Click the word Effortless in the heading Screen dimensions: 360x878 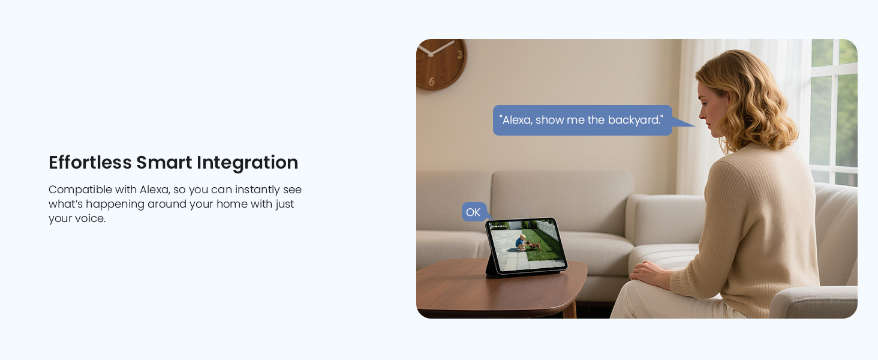[x=90, y=163]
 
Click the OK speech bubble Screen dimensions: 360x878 [x=473, y=212]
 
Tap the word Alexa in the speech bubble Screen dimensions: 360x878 [x=516, y=120]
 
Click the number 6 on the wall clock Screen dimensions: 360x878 [x=431, y=81]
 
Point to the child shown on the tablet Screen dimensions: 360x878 [x=521, y=242]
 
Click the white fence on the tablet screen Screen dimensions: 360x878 [x=547, y=229]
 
